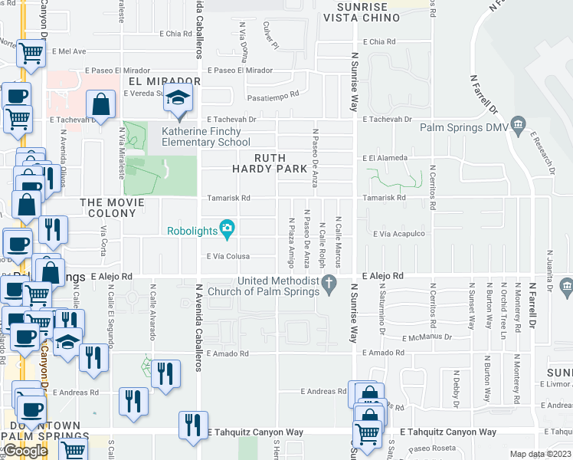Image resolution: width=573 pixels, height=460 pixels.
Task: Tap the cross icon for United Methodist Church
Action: (x=329, y=284)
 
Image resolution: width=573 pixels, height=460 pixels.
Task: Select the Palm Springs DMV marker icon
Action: (x=519, y=124)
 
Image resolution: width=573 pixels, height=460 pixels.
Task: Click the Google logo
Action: (x=25, y=451)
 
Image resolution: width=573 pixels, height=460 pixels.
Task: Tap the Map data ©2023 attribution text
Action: (x=540, y=454)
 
